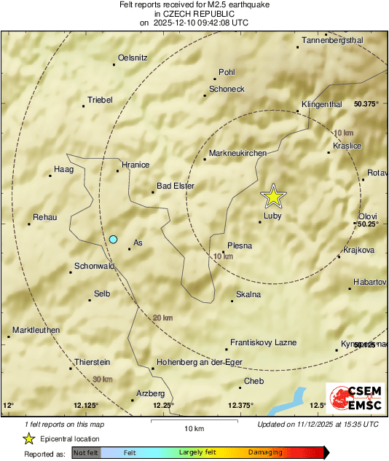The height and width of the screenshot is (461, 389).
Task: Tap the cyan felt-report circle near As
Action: (113, 239)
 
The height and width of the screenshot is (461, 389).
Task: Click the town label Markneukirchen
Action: (237, 154)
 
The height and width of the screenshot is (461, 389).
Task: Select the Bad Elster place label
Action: (176, 186)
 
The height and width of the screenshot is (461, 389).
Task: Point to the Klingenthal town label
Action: (321, 105)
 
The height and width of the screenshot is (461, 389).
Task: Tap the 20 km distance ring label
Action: (162, 318)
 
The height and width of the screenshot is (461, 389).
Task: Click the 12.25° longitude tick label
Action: (164, 406)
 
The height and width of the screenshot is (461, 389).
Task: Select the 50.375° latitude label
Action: (366, 104)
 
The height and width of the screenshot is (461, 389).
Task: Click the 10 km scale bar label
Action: (194, 428)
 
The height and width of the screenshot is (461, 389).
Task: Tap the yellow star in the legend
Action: (28, 438)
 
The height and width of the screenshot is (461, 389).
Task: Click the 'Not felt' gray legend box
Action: (86, 452)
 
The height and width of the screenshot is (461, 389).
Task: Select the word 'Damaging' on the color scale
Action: (264, 452)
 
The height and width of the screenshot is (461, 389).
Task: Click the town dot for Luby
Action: (260, 221)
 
